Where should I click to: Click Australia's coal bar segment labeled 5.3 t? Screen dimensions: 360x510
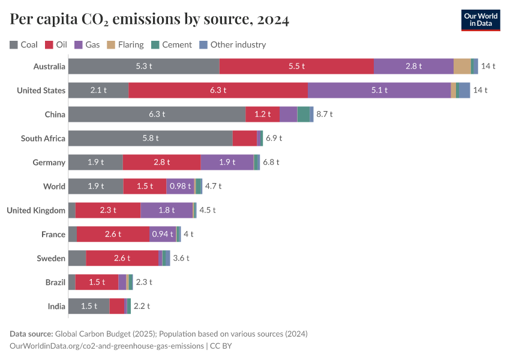click(x=144, y=66)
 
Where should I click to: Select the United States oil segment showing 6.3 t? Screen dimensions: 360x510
click(x=218, y=90)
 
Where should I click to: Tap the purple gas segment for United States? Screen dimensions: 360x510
click(x=379, y=90)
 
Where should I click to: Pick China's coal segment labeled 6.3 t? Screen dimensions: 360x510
click(x=157, y=114)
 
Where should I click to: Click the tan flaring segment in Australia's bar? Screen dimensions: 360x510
click(x=462, y=66)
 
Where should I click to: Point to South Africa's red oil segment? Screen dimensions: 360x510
click(x=244, y=138)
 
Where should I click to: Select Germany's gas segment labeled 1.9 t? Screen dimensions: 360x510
click(x=227, y=162)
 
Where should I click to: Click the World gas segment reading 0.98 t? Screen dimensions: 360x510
click(x=180, y=186)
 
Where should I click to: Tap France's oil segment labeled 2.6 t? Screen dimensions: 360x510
click(x=113, y=234)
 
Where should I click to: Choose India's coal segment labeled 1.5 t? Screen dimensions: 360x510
click(x=89, y=306)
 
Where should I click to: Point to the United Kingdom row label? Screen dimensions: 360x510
click(x=35, y=210)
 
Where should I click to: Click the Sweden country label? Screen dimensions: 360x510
click(x=51, y=258)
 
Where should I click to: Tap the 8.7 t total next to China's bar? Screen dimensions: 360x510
click(x=324, y=114)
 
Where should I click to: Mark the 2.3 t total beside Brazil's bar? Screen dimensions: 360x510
click(x=144, y=282)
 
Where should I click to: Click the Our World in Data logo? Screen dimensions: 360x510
click(x=481, y=20)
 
